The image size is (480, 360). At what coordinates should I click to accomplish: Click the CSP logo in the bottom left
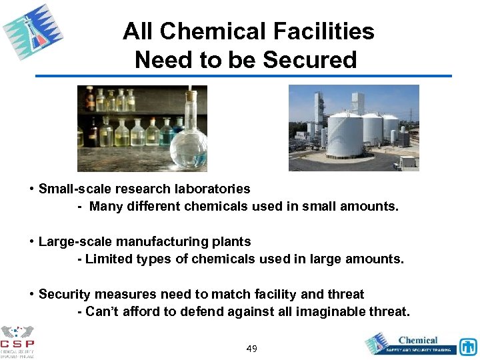tap(17, 341)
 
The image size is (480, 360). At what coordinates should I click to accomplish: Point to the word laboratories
tap(210, 189)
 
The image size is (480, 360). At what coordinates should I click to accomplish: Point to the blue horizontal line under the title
tap(243, 76)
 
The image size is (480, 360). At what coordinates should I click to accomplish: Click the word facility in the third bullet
tap(275, 294)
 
